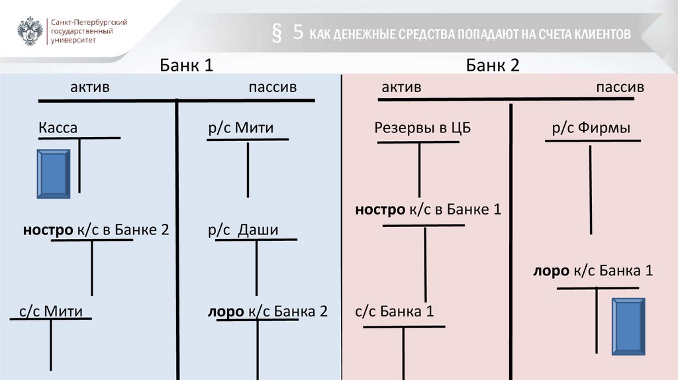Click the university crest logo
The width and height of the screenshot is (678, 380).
(x=29, y=31)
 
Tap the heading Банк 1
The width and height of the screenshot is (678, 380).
(x=186, y=66)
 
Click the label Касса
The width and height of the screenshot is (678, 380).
(x=58, y=128)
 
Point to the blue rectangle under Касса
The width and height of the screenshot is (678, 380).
(x=53, y=174)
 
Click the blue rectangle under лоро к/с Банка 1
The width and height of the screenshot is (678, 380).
(x=628, y=327)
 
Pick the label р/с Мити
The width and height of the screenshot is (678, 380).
(x=240, y=128)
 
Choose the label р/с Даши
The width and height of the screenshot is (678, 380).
(x=243, y=230)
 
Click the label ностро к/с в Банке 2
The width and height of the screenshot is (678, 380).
(x=96, y=230)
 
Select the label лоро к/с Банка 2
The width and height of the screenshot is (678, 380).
(x=267, y=311)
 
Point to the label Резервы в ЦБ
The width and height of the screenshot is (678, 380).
(x=422, y=128)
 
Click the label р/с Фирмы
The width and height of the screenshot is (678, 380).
(x=591, y=128)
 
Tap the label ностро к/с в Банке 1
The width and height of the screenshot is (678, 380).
(x=428, y=210)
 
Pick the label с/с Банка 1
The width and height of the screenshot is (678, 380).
(x=394, y=311)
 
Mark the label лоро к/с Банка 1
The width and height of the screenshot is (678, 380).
(x=593, y=271)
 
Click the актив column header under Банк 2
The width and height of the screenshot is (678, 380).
(x=401, y=87)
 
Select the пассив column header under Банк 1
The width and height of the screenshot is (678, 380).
(x=273, y=87)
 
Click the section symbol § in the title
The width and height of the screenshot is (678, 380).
(x=277, y=34)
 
